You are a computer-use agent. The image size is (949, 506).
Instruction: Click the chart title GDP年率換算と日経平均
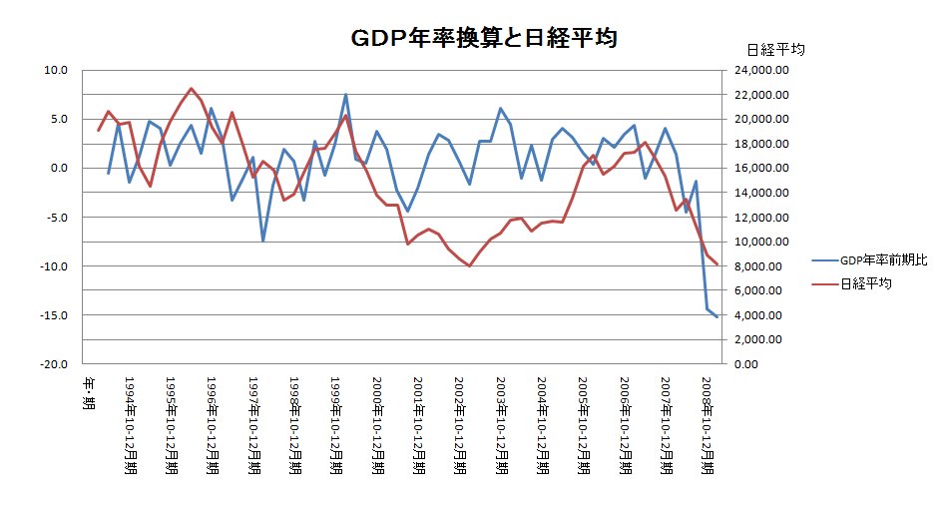coord(482,39)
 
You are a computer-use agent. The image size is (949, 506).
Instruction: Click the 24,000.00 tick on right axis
coord(761,71)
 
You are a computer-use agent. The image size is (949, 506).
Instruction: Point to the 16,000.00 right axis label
coord(761,169)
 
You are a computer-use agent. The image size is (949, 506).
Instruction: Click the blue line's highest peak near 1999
coord(345,95)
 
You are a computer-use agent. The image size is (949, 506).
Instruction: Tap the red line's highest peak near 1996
coord(192,89)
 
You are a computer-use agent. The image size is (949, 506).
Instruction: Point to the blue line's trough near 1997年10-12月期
coord(263,241)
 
